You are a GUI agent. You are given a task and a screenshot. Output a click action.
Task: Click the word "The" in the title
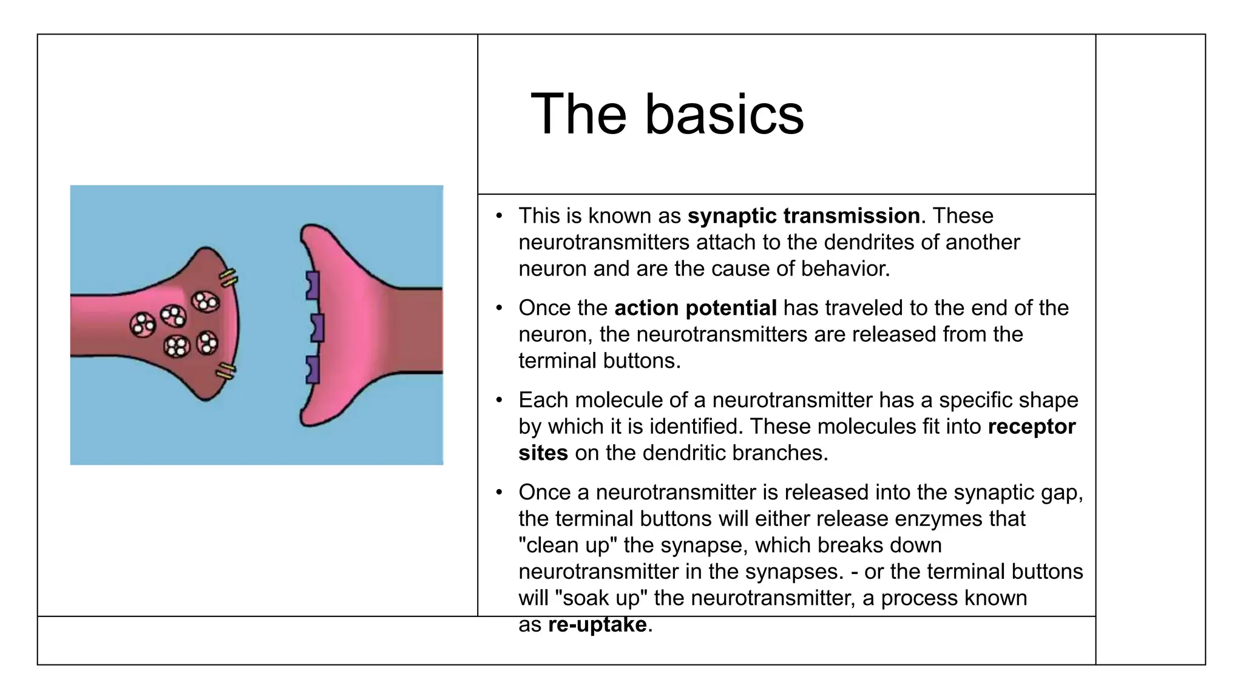coord(578,115)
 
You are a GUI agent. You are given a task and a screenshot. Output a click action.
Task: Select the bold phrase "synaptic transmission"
coord(804,216)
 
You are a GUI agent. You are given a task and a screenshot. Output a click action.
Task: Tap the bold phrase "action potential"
coord(696,308)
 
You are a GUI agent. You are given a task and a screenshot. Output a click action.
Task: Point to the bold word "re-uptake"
coord(597,624)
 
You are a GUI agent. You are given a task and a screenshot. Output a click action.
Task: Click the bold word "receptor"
coord(1031,427)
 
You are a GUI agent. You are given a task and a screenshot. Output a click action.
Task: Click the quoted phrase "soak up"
coord(601,598)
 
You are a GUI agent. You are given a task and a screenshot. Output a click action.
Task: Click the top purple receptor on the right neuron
coord(313,285)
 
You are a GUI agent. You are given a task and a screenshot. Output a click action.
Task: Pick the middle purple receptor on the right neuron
coord(317,328)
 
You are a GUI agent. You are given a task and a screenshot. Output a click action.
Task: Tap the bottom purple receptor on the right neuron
coord(313,370)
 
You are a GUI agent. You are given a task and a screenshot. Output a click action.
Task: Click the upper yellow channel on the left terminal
coord(229,278)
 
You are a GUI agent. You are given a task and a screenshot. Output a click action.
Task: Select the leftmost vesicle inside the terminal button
coord(143,325)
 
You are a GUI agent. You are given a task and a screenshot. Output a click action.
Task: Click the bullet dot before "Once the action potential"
coord(499,308)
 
